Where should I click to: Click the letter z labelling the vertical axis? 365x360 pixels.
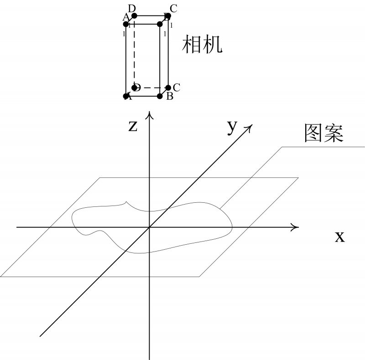pos(133,126)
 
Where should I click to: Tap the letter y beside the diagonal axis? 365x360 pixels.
pos(232,128)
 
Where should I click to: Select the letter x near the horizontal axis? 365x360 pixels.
pos(339,237)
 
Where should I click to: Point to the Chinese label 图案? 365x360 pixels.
pos(323,134)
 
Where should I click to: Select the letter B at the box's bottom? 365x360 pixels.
pos(170,96)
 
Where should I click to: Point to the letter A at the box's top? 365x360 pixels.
pos(126,17)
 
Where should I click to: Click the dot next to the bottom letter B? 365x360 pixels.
pos(160,96)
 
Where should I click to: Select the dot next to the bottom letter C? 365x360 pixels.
pos(168,87)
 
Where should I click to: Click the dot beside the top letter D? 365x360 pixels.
pos(134,16)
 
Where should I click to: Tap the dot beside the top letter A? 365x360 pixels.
pos(126,24)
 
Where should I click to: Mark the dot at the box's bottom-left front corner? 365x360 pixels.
pos(126,96)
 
